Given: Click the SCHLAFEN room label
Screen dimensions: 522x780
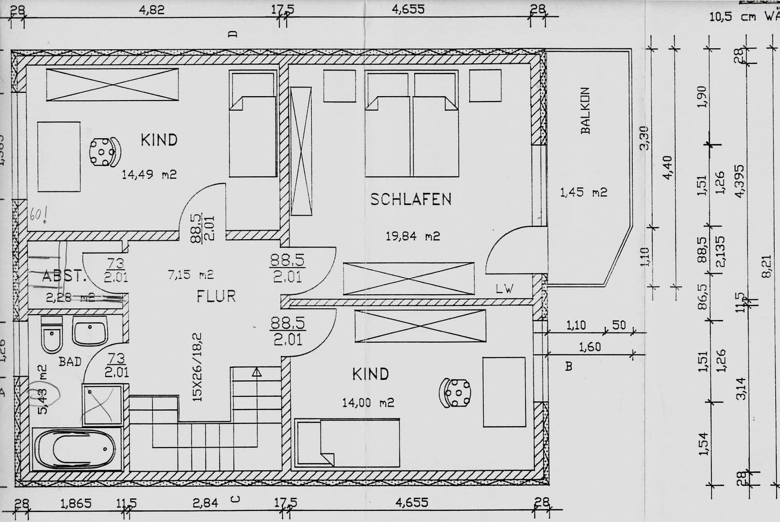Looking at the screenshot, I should click(411, 199).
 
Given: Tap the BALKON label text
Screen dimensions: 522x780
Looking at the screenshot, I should click(585, 111).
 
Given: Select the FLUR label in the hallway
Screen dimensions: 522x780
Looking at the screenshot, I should click(216, 296).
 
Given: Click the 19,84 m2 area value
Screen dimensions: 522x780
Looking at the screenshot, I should click(412, 236).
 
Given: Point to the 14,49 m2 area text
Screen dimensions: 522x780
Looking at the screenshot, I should click(149, 174).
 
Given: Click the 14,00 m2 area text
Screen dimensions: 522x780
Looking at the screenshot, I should click(368, 403).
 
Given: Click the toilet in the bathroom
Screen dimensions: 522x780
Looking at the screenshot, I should click(51, 336).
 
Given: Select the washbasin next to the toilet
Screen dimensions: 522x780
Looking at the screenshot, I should click(90, 333).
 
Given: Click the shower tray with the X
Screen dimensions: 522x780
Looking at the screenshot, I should click(102, 405).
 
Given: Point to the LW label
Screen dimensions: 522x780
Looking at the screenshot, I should click(504, 289).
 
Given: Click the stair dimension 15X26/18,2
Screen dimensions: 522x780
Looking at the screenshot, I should click(196, 367).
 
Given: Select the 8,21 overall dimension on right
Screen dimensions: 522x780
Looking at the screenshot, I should click(766, 266).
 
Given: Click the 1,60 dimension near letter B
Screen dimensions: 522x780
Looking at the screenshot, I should click(589, 347).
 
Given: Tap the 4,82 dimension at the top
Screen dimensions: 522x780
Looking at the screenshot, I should click(152, 10).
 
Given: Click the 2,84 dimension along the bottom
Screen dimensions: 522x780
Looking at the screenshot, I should click(205, 503).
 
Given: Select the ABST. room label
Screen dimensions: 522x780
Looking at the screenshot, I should click(64, 276).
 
